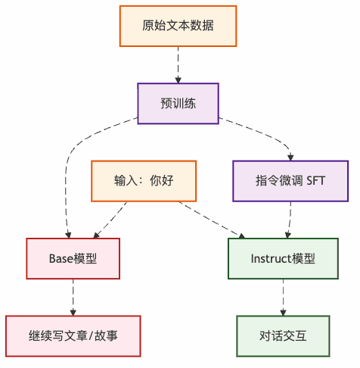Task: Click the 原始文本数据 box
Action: pos(178,26)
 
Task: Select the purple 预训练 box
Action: pos(178,103)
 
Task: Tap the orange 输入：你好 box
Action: pos(144,181)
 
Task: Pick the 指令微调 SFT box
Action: pos(290,181)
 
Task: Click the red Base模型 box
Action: pos(73,258)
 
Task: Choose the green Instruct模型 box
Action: pos(283,258)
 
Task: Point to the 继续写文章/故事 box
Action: pos(73,335)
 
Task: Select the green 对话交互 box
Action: pos(283,335)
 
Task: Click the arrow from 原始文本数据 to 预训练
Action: pos(178,64)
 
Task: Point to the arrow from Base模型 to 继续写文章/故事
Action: pos(73,297)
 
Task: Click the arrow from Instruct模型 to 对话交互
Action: pos(283,297)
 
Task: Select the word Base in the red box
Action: pos(61,258)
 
